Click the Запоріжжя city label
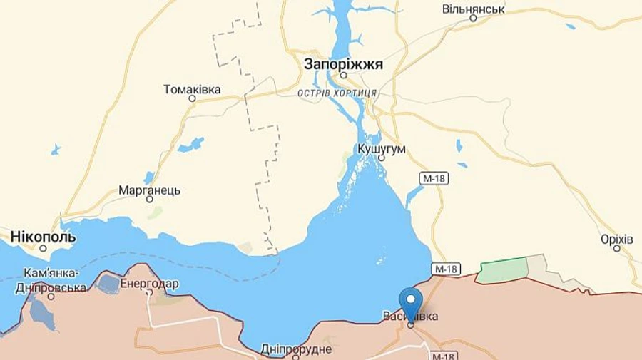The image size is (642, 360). (x=343, y=64)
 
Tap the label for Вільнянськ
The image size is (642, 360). (x=473, y=9)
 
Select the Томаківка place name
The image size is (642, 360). (x=192, y=89)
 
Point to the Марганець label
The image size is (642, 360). (x=149, y=190)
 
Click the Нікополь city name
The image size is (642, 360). (x=43, y=237)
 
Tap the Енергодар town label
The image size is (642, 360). (x=149, y=284)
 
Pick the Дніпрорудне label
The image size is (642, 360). (x=296, y=349)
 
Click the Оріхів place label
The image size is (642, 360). (x=617, y=239)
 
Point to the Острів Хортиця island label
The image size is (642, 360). (x=337, y=93)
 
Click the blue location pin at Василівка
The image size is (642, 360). (x=411, y=303)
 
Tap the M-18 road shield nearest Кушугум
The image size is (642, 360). (x=433, y=178)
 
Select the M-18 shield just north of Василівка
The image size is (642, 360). (x=446, y=269)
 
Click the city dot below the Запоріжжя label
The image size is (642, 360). (x=343, y=75)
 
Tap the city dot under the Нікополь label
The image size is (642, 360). (x=43, y=248)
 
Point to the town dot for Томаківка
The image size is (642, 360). (x=192, y=98)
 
